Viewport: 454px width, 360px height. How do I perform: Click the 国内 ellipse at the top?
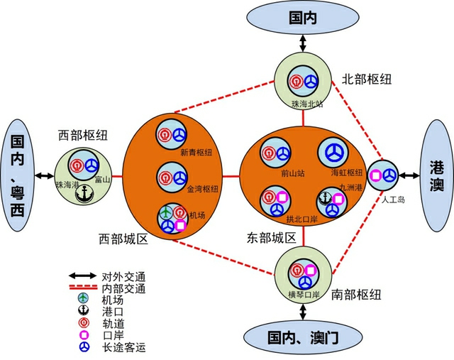[304, 18]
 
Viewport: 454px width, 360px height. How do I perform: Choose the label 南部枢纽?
[357, 295]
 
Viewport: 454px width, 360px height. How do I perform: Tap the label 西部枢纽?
[82, 135]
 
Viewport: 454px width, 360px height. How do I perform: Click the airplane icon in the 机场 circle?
[166, 212]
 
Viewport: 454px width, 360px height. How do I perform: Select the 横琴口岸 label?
[304, 293]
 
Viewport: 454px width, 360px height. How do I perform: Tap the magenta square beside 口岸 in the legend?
[84, 335]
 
